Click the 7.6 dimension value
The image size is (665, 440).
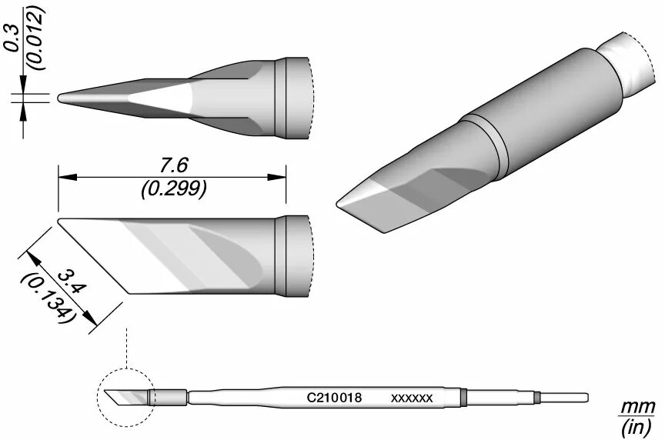click(x=172, y=165)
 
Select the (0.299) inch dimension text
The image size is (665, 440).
click(x=172, y=187)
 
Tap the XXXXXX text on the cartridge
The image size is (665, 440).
click(x=413, y=398)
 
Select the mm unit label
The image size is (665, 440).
click(x=639, y=406)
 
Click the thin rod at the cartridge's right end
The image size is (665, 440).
click(x=566, y=397)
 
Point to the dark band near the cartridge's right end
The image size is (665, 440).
click(x=465, y=397)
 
